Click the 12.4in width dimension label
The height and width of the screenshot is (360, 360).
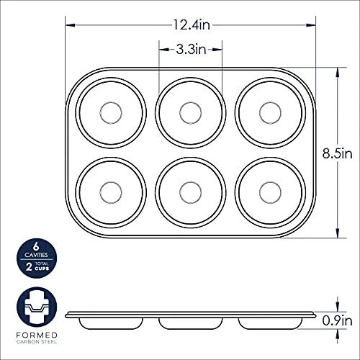pos(192,25)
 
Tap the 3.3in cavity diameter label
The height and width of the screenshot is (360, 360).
pos(192,50)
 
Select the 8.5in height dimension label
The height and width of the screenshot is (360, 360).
pos(337,153)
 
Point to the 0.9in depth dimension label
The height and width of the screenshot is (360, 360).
pos(337,320)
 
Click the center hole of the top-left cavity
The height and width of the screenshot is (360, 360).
pos(111,113)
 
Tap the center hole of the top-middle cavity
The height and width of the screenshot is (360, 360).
pos(191,113)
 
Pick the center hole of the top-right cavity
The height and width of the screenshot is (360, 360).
pos(270,113)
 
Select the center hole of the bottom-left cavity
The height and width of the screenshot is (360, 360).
pos(111,192)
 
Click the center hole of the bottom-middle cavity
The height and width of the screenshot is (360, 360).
pos(191,192)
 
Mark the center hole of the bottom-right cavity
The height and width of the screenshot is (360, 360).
pos(270,192)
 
